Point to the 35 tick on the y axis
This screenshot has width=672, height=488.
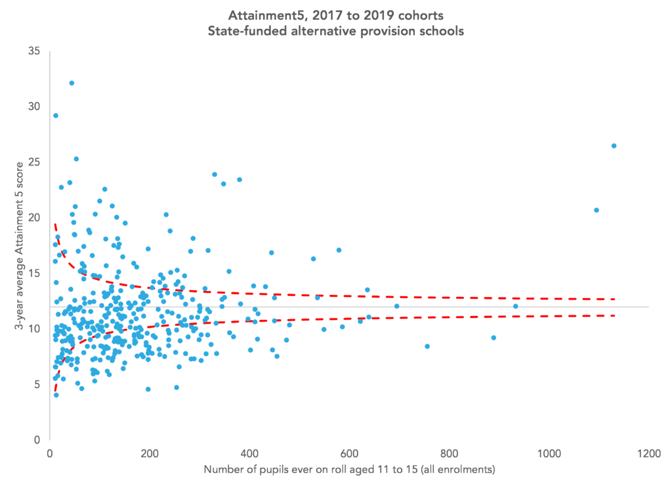(x=35, y=51)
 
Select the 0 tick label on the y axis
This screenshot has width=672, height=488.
(x=38, y=439)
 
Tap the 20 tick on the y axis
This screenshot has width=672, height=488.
(x=35, y=217)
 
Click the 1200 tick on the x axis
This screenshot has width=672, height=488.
(x=648, y=453)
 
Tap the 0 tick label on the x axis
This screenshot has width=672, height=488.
(x=50, y=453)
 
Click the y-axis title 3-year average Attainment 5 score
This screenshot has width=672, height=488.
(x=20, y=244)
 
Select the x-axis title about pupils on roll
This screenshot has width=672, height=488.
(x=349, y=470)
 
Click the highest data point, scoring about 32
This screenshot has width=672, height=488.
(x=72, y=83)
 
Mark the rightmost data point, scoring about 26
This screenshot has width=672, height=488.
(x=614, y=146)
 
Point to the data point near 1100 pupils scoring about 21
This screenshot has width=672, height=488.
(x=597, y=210)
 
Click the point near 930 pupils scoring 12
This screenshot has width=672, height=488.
(x=515, y=306)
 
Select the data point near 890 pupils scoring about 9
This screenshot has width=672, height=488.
(x=493, y=338)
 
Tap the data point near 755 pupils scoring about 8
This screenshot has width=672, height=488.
(x=427, y=346)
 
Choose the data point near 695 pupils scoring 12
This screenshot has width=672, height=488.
(x=396, y=306)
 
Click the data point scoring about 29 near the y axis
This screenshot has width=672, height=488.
(x=56, y=116)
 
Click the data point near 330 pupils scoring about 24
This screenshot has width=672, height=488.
(x=215, y=175)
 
